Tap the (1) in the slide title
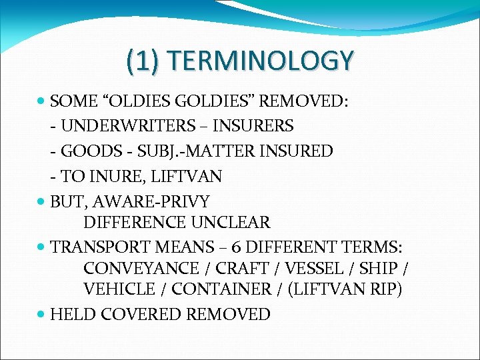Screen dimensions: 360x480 [x=141, y=61]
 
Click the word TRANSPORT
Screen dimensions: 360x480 [x=100, y=246]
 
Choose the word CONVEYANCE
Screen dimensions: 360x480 [x=141, y=269]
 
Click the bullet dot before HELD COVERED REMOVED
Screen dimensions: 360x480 [x=42, y=314]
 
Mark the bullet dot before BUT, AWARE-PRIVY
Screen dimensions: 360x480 [x=42, y=201]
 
